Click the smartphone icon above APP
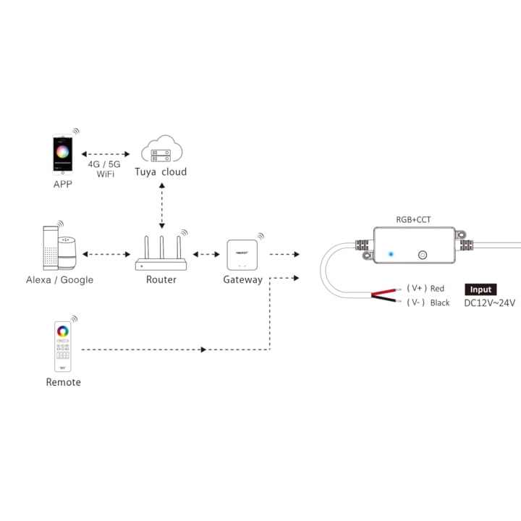[63, 153]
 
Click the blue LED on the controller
[391, 255]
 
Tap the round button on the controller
[423, 255]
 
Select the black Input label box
[481, 289]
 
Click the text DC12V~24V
[490, 303]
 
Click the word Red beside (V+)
[437, 289]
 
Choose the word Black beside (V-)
[440, 302]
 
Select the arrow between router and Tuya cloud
[161, 206]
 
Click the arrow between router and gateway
[206, 254]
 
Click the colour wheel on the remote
[63, 331]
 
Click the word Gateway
[242, 280]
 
